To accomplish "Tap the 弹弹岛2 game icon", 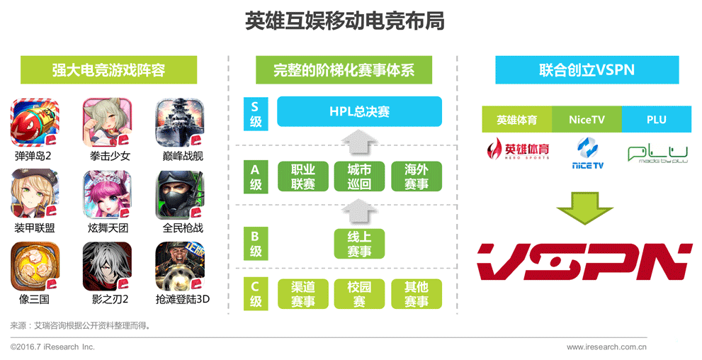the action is coord(35,123).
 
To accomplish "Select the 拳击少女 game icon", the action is coord(107,123).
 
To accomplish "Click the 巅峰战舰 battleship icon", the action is coord(179,123).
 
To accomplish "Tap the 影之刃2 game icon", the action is coord(107,266).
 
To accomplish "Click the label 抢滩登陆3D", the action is coord(183,299).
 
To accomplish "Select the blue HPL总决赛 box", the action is coord(359,112).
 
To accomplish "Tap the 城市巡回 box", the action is coord(359,176).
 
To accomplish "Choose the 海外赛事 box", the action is coord(416,176).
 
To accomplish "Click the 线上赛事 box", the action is coord(359,243).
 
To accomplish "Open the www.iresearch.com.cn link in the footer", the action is coord(606,347).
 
